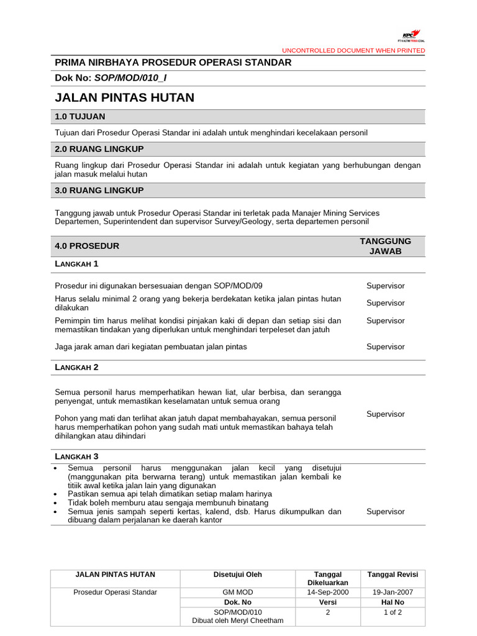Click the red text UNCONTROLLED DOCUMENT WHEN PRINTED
coord(353,50)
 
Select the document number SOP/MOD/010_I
coord(130,78)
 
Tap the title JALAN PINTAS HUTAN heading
coord(125,98)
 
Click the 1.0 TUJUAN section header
coord(80,117)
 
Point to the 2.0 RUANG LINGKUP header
coord(99,149)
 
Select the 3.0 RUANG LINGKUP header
coord(99,190)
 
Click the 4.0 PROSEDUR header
coord(87,246)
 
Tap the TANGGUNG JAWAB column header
coord(385,246)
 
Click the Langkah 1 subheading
coord(77,264)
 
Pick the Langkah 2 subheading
coord(77,367)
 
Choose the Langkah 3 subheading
coord(77,457)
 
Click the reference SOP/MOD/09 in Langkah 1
coord(238,286)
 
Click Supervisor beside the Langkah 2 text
coord(385,414)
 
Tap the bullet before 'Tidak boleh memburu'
coord(57,502)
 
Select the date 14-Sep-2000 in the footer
coord(327,593)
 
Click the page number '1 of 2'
coord(393,612)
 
